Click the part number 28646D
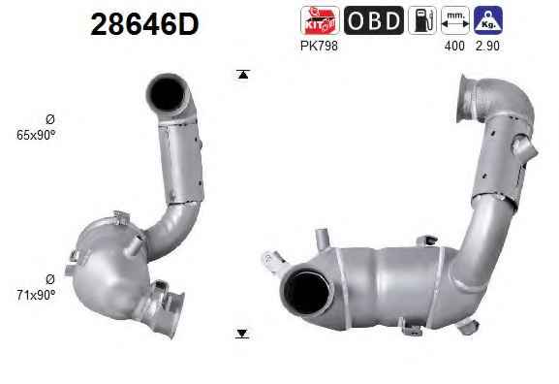pos(144,24)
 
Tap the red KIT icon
pos(320,20)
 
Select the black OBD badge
pos(374,20)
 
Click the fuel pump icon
pos(422,20)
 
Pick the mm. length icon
pos(455,20)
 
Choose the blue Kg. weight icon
pos(488,20)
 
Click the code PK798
pos(319,46)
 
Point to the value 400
pos(454,46)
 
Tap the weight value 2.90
pos(487,46)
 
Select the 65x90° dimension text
pos(36,135)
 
